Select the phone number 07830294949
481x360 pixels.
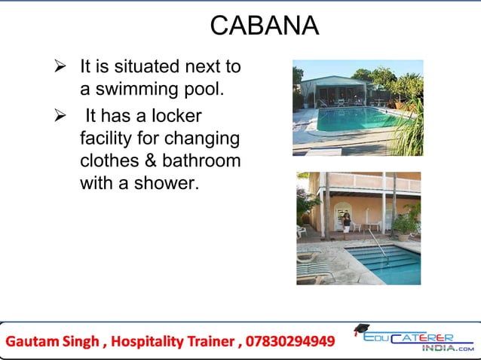pyautogui.click(x=289, y=342)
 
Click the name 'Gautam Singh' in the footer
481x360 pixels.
pyautogui.click(x=53, y=342)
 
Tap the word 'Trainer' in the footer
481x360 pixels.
pyautogui.click(x=209, y=342)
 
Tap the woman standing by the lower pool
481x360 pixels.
pyautogui.click(x=347, y=221)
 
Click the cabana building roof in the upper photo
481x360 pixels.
pyautogui.click(x=332, y=79)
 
